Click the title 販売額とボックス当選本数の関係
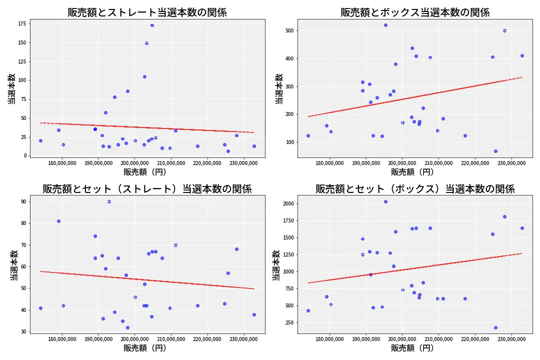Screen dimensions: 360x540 [415, 12]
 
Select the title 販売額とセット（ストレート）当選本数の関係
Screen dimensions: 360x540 [147, 189]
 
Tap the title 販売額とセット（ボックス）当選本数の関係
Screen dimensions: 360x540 [415, 189]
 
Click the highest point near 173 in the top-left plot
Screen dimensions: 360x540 [152, 25]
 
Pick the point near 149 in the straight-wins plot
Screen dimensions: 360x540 [146, 43]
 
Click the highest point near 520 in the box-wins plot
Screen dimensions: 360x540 [385, 25]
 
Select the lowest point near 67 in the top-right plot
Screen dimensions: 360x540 [495, 151]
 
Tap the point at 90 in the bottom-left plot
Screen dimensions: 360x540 [109, 201]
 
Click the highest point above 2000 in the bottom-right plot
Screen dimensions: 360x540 [385, 201]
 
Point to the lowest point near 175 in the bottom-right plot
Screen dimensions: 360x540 [495, 327]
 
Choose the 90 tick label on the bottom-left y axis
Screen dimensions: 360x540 [23, 201]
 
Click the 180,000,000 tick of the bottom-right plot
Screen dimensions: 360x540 [329, 339]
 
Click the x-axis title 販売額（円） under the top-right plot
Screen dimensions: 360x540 [415, 172]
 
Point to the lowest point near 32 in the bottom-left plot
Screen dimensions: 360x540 [127, 327]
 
